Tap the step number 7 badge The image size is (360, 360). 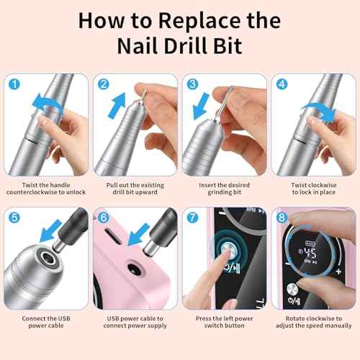click(193, 217)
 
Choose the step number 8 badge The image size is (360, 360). click(282, 217)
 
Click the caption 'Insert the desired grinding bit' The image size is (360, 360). click(223, 189)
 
